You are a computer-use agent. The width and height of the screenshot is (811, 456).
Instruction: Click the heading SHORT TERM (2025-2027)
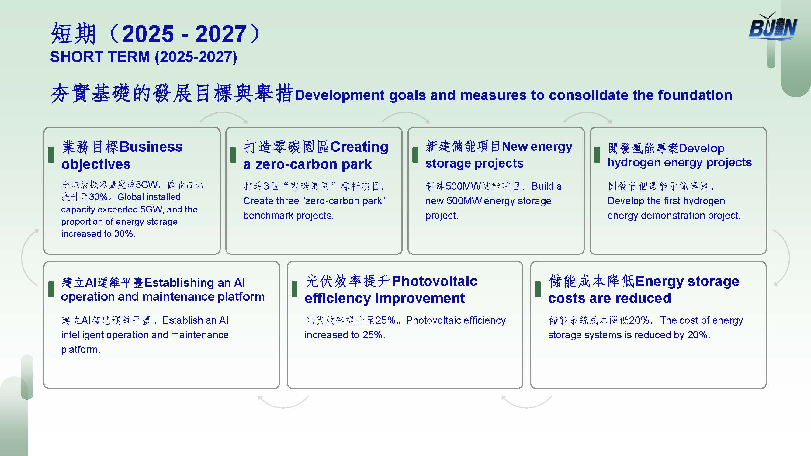(x=144, y=57)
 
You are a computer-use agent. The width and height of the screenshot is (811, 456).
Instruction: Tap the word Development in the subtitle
(x=339, y=95)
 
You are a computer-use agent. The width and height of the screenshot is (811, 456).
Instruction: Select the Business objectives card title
(x=122, y=155)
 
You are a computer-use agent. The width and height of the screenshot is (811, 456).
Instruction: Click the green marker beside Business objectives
(x=51, y=155)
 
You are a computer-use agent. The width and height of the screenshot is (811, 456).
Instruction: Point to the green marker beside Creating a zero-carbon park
(x=233, y=155)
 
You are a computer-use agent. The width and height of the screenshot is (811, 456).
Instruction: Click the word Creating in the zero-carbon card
(x=359, y=147)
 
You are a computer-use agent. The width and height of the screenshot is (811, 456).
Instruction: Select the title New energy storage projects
(x=499, y=155)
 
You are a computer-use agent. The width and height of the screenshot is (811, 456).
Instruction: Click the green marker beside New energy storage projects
(x=415, y=155)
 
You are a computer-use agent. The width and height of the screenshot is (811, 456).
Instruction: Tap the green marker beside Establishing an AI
(x=51, y=289)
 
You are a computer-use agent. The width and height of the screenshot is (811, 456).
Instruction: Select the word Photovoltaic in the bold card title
(x=434, y=281)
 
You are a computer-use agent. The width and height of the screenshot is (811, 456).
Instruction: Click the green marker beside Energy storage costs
(x=538, y=289)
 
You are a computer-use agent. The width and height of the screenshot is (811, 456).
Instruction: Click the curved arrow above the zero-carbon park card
(x=224, y=113)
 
